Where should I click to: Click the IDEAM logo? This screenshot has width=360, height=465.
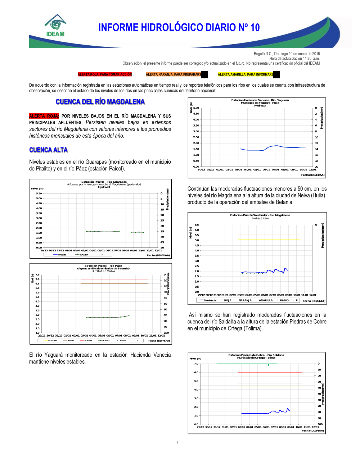coord(55,26)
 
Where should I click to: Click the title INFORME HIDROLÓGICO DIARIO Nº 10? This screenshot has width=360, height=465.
coord(179,28)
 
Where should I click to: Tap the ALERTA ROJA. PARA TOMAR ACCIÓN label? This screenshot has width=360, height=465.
coord(105,74)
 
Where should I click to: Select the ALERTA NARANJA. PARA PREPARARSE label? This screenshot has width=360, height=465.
coord(174,74)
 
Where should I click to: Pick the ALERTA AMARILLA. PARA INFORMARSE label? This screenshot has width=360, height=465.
coord(246,74)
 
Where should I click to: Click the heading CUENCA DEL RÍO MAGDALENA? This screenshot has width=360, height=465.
coord(100,102)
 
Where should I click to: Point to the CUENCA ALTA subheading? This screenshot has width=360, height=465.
coord(49,150)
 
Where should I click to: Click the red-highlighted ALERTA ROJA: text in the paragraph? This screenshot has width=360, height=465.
coord(44,116)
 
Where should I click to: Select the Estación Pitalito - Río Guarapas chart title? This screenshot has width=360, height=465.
coord(104,182)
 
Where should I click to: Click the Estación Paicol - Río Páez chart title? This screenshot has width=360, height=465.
coord(103,266)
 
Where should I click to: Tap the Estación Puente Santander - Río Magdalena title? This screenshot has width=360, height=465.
coord(260,215)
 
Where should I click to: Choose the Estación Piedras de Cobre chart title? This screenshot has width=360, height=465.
coord(256,355)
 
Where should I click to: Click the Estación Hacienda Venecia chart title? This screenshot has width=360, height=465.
coord(260,100)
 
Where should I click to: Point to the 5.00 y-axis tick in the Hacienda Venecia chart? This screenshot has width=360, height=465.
coord(196,108)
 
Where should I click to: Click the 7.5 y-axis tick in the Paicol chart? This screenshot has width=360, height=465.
coord(37,275)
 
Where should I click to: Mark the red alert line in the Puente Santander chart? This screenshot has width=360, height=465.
coord(269,229)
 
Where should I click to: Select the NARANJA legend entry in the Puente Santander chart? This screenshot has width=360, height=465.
coord(245,300)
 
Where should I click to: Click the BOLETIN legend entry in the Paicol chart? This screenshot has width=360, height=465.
coord(53,341)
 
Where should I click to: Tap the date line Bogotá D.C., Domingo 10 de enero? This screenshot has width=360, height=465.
coord(287,54)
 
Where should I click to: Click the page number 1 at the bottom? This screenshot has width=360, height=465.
coord(177,442)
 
